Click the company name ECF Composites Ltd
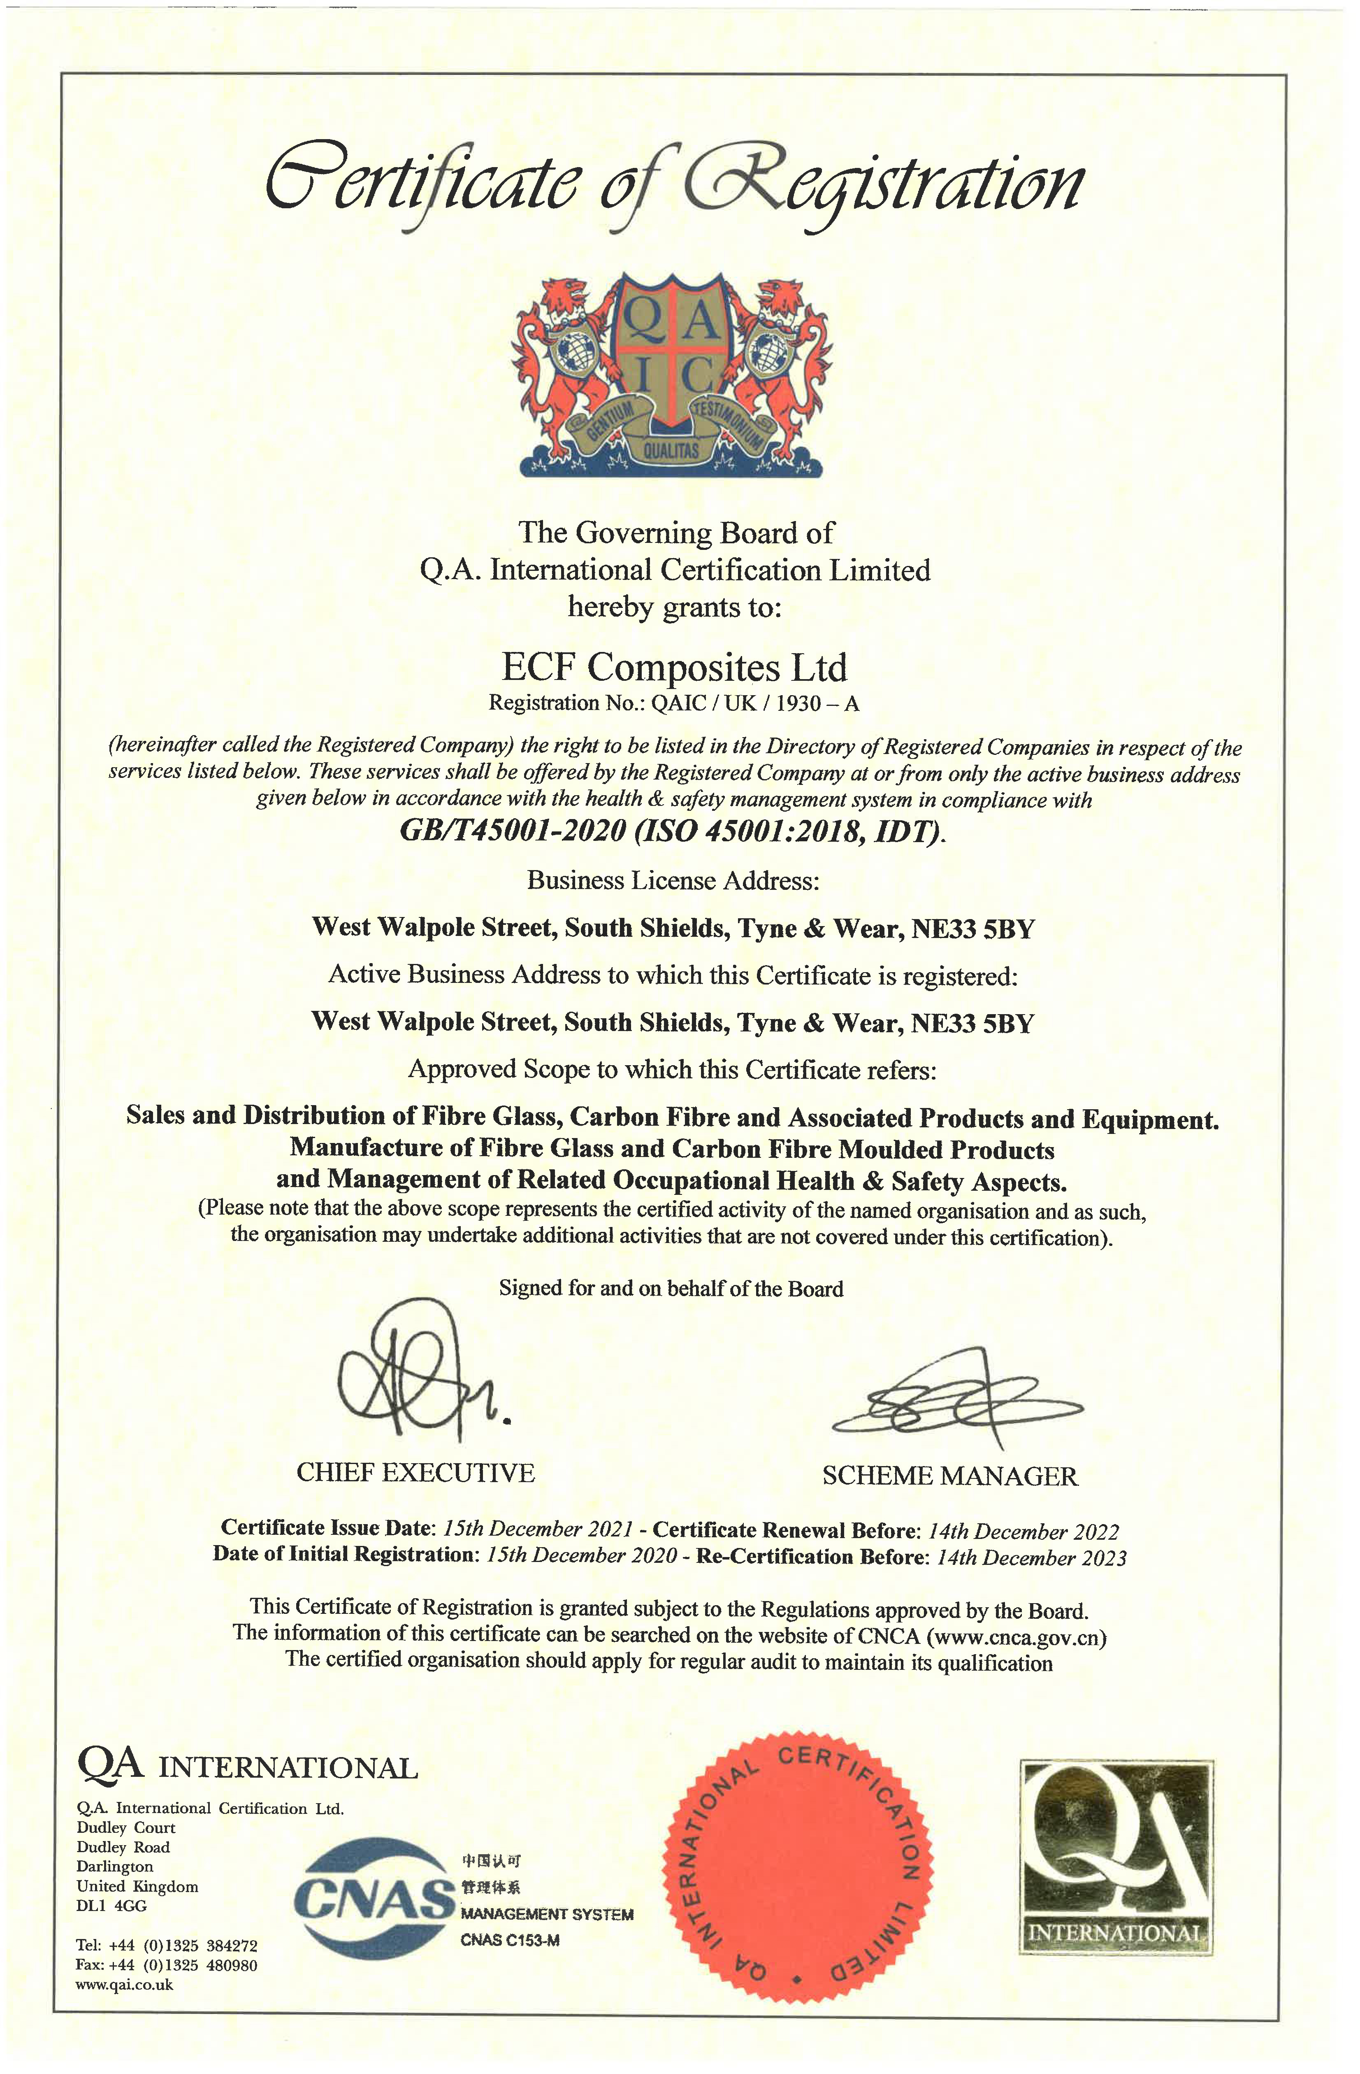(x=674, y=668)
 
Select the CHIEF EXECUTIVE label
(x=415, y=1473)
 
